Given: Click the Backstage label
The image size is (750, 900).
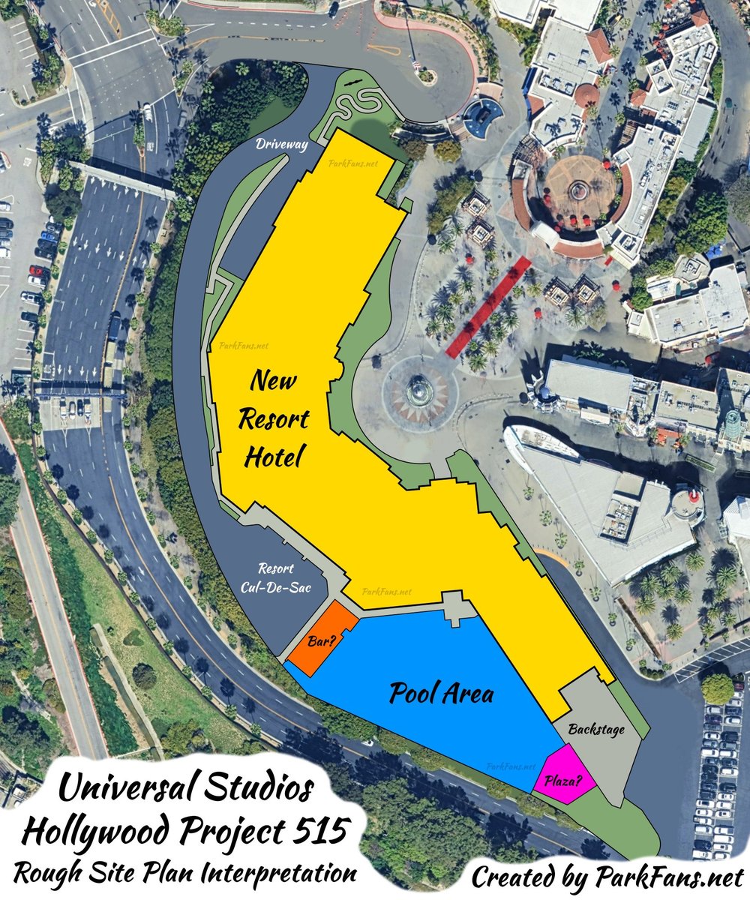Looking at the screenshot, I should tap(596, 729).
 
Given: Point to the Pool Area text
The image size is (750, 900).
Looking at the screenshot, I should tap(442, 694).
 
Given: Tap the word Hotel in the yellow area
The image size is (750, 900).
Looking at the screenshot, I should tap(271, 455).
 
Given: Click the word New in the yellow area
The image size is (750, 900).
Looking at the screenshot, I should tap(273, 381).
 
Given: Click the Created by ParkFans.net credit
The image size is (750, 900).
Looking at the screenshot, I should tap(607, 876).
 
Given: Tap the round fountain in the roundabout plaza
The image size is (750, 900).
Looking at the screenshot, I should tap(418, 391).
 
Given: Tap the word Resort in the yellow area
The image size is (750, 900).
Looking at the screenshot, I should tap(273, 418).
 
